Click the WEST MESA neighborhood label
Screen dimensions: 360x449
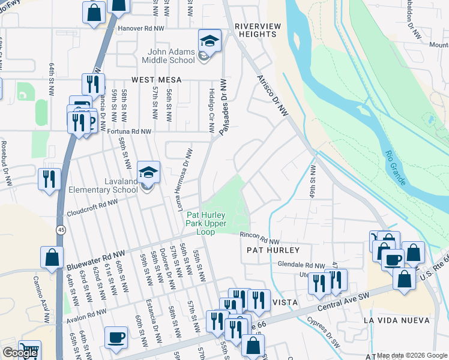tap(157, 79)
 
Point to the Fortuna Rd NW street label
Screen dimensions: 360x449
tap(129, 131)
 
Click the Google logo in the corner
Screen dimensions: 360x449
tap(19, 353)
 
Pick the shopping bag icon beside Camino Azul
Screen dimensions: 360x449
tap(52, 257)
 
